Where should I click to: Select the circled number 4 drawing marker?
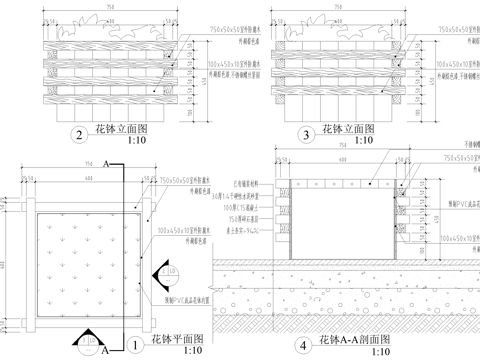[305, 346]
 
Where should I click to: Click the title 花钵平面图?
[178, 340]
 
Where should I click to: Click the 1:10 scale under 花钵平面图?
[177, 353]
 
